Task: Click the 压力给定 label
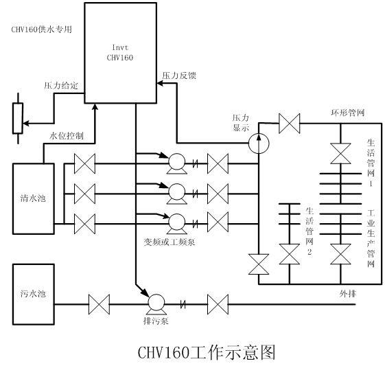(x=60, y=85)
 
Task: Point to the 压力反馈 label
(x=178, y=75)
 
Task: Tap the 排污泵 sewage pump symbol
(x=156, y=302)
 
